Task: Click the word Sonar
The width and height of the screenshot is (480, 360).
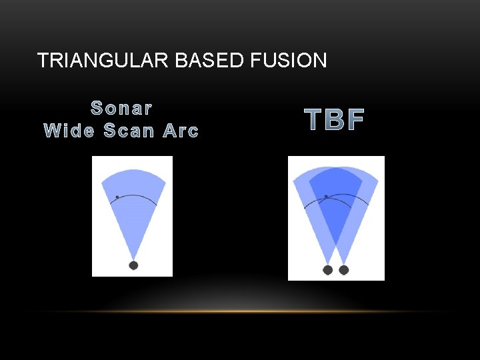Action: [121, 107]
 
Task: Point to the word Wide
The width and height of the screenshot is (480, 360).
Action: [69, 131]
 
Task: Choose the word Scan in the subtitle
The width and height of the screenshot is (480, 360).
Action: [129, 131]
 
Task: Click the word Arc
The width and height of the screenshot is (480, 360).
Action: [181, 131]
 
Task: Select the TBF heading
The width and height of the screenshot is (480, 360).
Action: [335, 120]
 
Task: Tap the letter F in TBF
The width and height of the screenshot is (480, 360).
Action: [356, 120]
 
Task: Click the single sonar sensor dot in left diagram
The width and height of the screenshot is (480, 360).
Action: [133, 265]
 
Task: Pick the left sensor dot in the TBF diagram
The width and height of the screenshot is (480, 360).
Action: [327, 270]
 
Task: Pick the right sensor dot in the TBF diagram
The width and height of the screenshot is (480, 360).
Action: [344, 270]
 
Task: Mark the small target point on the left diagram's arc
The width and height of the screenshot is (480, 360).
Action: [117, 197]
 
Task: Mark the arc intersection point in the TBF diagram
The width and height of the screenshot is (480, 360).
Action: [325, 197]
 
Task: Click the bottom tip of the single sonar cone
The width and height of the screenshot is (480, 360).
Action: [133, 258]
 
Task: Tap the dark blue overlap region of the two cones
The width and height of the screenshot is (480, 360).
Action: [335, 200]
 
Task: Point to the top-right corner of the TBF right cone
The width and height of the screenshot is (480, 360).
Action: [378, 179]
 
